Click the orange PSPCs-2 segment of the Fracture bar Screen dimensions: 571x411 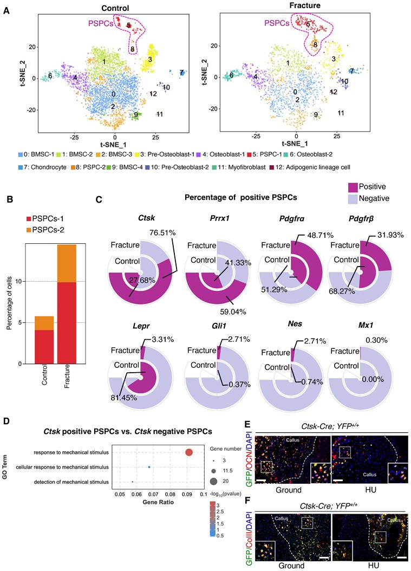tap(67, 256)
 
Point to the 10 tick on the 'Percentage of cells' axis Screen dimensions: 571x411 tap(20, 282)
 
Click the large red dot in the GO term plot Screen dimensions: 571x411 tap(189, 452)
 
